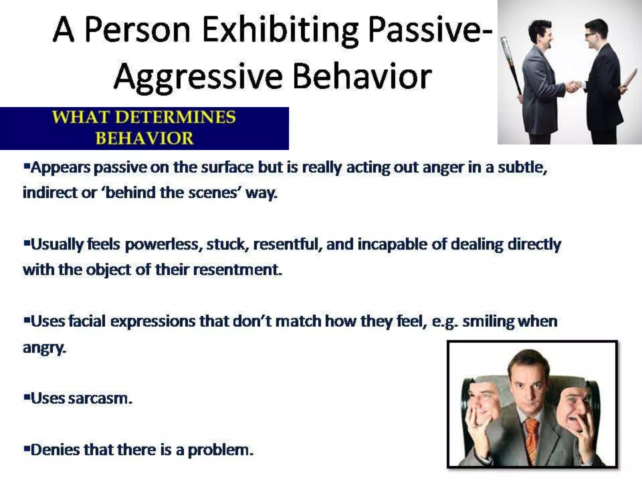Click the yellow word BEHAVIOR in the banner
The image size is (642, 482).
click(x=145, y=138)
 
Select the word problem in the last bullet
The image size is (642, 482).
click(x=220, y=450)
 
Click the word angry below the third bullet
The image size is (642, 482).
click(x=44, y=347)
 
